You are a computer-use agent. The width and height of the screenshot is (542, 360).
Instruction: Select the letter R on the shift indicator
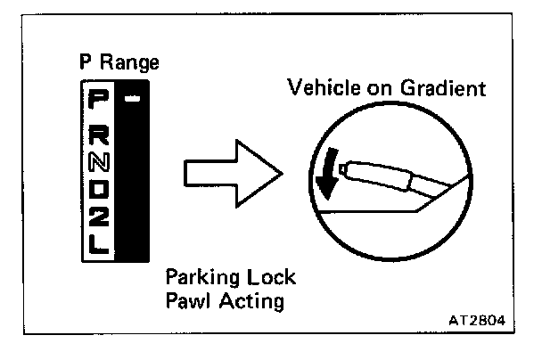(98, 136)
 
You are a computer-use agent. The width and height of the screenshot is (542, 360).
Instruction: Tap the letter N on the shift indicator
(98, 164)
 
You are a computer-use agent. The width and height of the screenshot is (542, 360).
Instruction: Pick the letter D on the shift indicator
(98, 190)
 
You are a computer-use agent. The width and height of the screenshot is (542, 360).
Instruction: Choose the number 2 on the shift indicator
(98, 217)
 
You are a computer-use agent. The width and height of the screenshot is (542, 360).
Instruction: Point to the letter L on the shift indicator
(98, 243)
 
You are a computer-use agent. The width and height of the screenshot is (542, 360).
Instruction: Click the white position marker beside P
(131, 98)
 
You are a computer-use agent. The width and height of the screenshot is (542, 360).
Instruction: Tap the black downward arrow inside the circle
(326, 174)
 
